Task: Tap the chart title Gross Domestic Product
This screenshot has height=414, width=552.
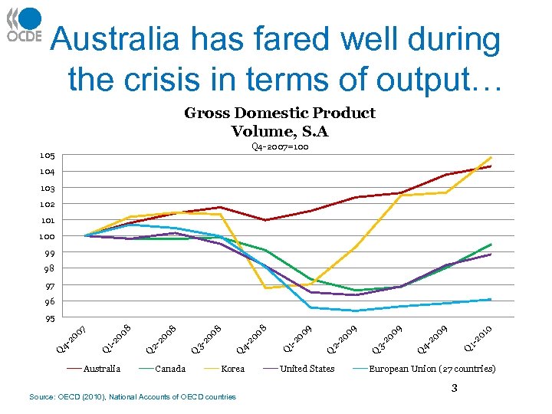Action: pyautogui.click(x=280, y=113)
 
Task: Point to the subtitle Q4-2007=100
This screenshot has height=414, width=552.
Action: pyautogui.click(x=280, y=146)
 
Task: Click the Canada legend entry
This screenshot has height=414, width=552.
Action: pyautogui.click(x=170, y=369)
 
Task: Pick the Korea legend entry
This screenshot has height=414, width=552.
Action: pyautogui.click(x=232, y=369)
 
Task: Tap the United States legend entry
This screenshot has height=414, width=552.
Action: pyautogui.click(x=307, y=369)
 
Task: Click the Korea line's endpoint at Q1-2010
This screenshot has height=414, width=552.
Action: pyautogui.click(x=491, y=157)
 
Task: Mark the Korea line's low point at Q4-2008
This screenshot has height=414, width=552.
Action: pyautogui.click(x=265, y=288)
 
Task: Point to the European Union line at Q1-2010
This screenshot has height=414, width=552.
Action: pyautogui.click(x=491, y=299)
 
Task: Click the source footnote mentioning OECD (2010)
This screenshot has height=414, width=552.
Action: pyautogui.click(x=132, y=396)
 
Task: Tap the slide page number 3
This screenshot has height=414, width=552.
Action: pyautogui.click(x=454, y=388)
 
